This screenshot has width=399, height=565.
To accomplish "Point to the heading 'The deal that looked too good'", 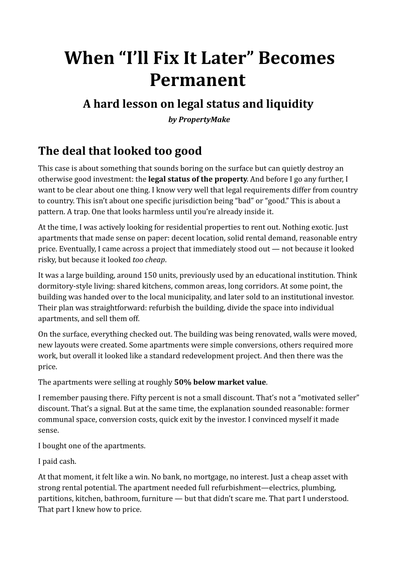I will coord(120,150).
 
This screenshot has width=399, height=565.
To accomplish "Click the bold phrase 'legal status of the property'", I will coord(197,179).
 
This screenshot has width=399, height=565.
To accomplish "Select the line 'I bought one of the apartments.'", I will coord(91,445).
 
